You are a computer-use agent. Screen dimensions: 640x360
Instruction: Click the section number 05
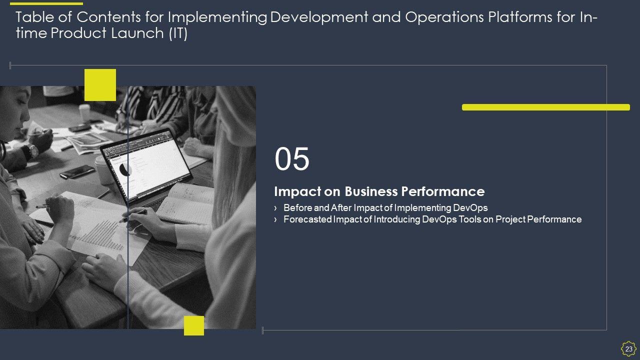click(x=291, y=159)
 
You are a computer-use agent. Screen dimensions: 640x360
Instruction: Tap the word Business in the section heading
click(x=371, y=191)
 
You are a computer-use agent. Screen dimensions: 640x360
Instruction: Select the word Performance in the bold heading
click(x=443, y=191)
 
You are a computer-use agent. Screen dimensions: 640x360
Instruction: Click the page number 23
click(x=628, y=349)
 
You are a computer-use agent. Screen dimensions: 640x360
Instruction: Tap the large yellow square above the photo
click(x=100, y=85)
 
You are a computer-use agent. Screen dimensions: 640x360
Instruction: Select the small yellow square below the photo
click(x=194, y=325)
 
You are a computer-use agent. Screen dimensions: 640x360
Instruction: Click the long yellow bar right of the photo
click(x=545, y=107)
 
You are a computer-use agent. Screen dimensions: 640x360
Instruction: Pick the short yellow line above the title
click(x=46, y=3)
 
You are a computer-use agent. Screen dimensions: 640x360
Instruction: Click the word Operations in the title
click(x=444, y=17)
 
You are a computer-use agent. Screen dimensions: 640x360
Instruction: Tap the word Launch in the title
click(x=137, y=33)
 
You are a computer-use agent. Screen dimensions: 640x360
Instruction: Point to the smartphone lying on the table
click(x=77, y=171)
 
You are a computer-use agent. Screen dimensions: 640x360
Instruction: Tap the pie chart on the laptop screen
click(x=125, y=169)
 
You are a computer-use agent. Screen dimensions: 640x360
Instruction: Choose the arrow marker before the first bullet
click(x=275, y=208)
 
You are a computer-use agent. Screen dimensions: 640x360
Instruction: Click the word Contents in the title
click(x=108, y=17)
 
